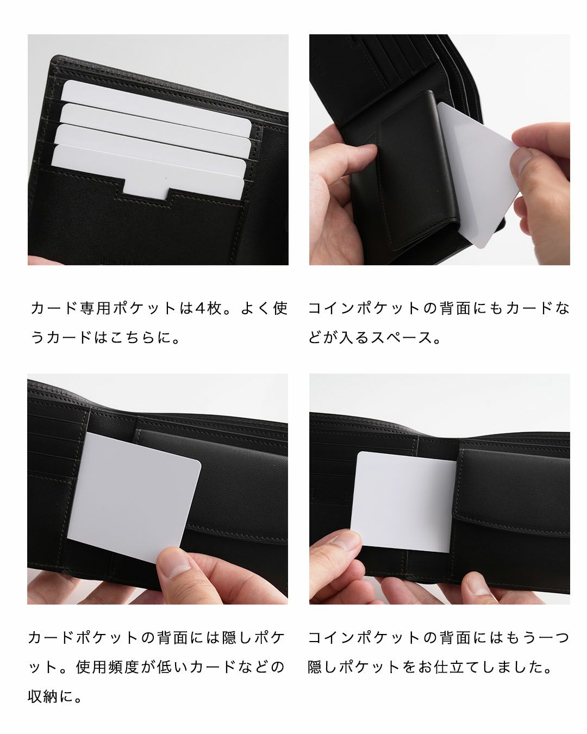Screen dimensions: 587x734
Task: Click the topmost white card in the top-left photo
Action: (155, 105)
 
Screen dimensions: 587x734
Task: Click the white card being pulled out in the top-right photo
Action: (478, 174)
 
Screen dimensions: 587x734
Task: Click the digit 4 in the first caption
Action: (199, 308)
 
